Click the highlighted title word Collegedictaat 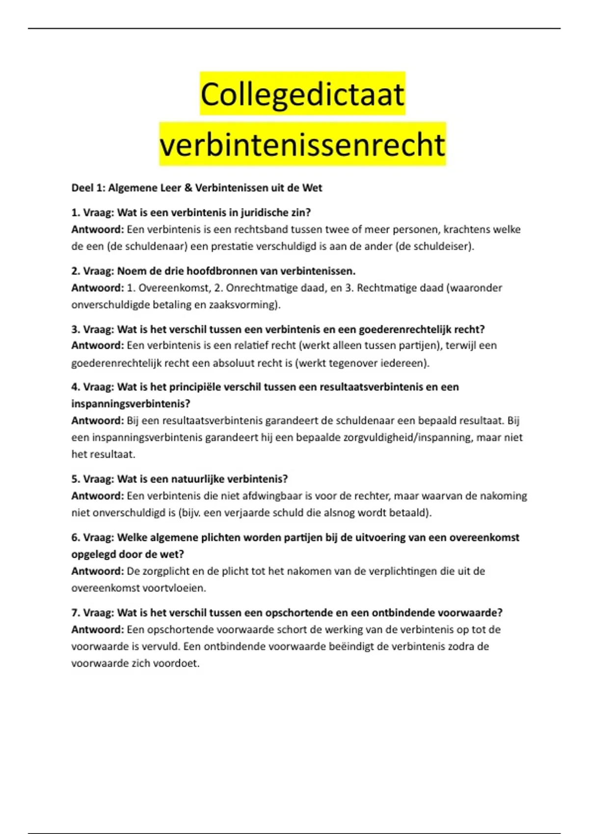302,94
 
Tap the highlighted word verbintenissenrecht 302,145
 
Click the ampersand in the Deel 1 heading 188,188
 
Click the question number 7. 75,613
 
